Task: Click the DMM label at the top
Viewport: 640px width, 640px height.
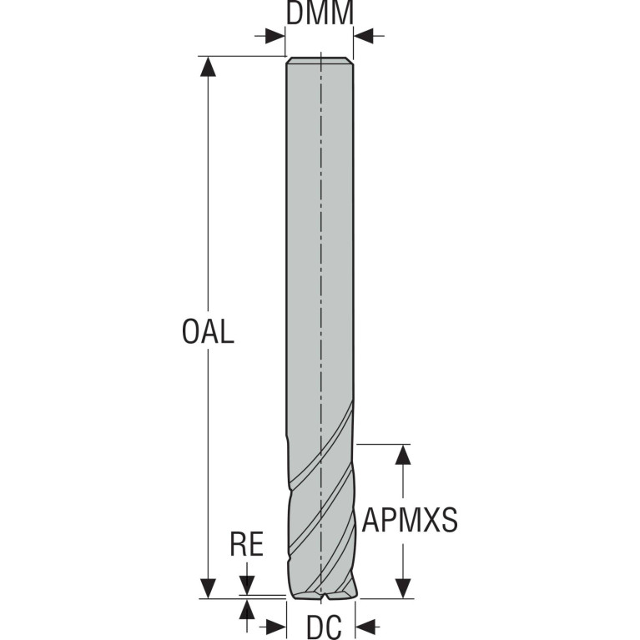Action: click(x=320, y=13)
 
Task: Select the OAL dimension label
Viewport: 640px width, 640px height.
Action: click(x=208, y=331)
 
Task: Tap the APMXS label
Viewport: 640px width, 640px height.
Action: click(x=410, y=520)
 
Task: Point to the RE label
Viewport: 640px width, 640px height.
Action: click(x=246, y=544)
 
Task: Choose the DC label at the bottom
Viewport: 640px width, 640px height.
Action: click(x=324, y=627)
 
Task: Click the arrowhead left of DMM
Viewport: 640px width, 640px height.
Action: click(x=275, y=36)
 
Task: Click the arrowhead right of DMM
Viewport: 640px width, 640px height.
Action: click(x=364, y=36)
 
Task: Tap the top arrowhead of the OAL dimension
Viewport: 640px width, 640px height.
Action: click(x=208, y=66)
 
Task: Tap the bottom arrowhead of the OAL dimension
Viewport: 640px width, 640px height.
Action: click(x=208, y=588)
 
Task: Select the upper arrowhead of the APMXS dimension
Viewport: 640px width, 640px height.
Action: click(x=403, y=454)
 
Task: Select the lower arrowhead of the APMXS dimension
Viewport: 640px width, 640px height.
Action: click(x=403, y=588)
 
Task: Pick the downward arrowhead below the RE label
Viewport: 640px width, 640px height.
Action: click(x=247, y=585)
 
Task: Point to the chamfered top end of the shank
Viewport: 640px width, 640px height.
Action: click(x=320, y=60)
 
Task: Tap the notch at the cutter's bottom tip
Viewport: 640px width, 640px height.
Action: click(x=325, y=597)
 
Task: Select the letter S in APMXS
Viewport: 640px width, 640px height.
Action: click(x=449, y=520)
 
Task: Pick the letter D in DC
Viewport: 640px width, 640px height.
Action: click(x=315, y=627)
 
